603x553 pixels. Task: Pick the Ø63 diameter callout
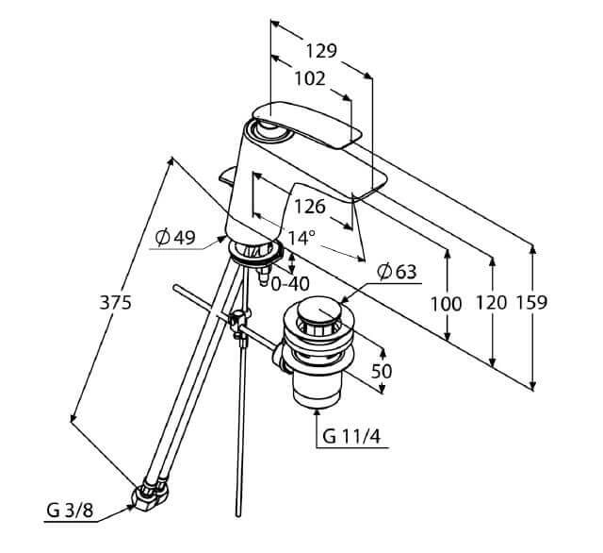[397, 273]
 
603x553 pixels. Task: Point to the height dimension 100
[448, 303]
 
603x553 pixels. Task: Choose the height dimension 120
[490, 303]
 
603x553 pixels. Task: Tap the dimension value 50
[382, 371]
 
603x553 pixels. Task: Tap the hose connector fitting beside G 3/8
[150, 494]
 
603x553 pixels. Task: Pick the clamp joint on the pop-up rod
[240, 322]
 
